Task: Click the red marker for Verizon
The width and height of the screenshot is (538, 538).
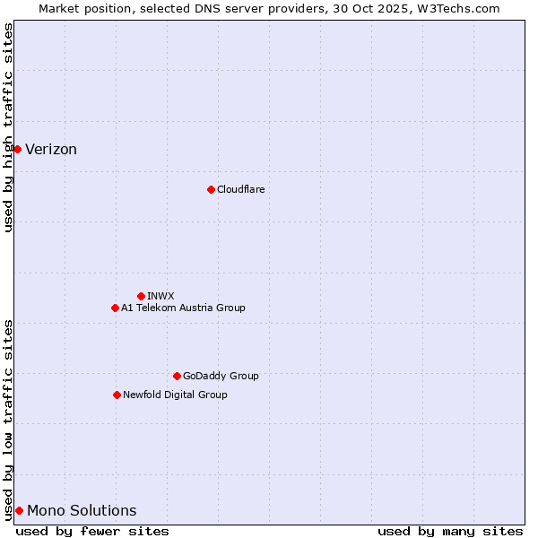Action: tap(17, 149)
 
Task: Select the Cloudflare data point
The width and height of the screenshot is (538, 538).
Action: tap(211, 189)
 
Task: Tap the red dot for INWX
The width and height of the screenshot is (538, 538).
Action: tap(141, 296)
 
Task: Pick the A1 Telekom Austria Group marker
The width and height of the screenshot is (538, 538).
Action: tap(115, 308)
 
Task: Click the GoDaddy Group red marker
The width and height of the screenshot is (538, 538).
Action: tap(177, 376)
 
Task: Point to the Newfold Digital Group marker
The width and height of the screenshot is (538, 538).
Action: tap(117, 395)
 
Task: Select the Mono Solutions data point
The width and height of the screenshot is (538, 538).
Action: tap(19, 510)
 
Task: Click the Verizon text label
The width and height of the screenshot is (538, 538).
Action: tap(51, 150)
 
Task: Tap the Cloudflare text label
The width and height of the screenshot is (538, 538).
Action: tap(240, 189)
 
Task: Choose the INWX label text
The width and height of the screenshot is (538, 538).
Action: tap(161, 296)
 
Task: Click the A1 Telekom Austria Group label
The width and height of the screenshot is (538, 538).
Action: tap(183, 308)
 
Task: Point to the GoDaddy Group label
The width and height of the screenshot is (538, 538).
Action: tap(221, 376)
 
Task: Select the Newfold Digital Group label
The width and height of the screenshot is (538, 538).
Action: tap(175, 395)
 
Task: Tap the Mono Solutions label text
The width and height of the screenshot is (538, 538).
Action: tap(82, 511)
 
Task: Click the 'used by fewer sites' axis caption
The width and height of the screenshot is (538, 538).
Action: tap(92, 531)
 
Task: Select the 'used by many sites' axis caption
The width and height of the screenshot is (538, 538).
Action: tap(450, 531)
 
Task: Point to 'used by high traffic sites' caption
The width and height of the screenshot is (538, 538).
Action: tap(8, 127)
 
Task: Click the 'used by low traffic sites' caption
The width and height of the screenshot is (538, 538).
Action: tap(8, 419)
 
